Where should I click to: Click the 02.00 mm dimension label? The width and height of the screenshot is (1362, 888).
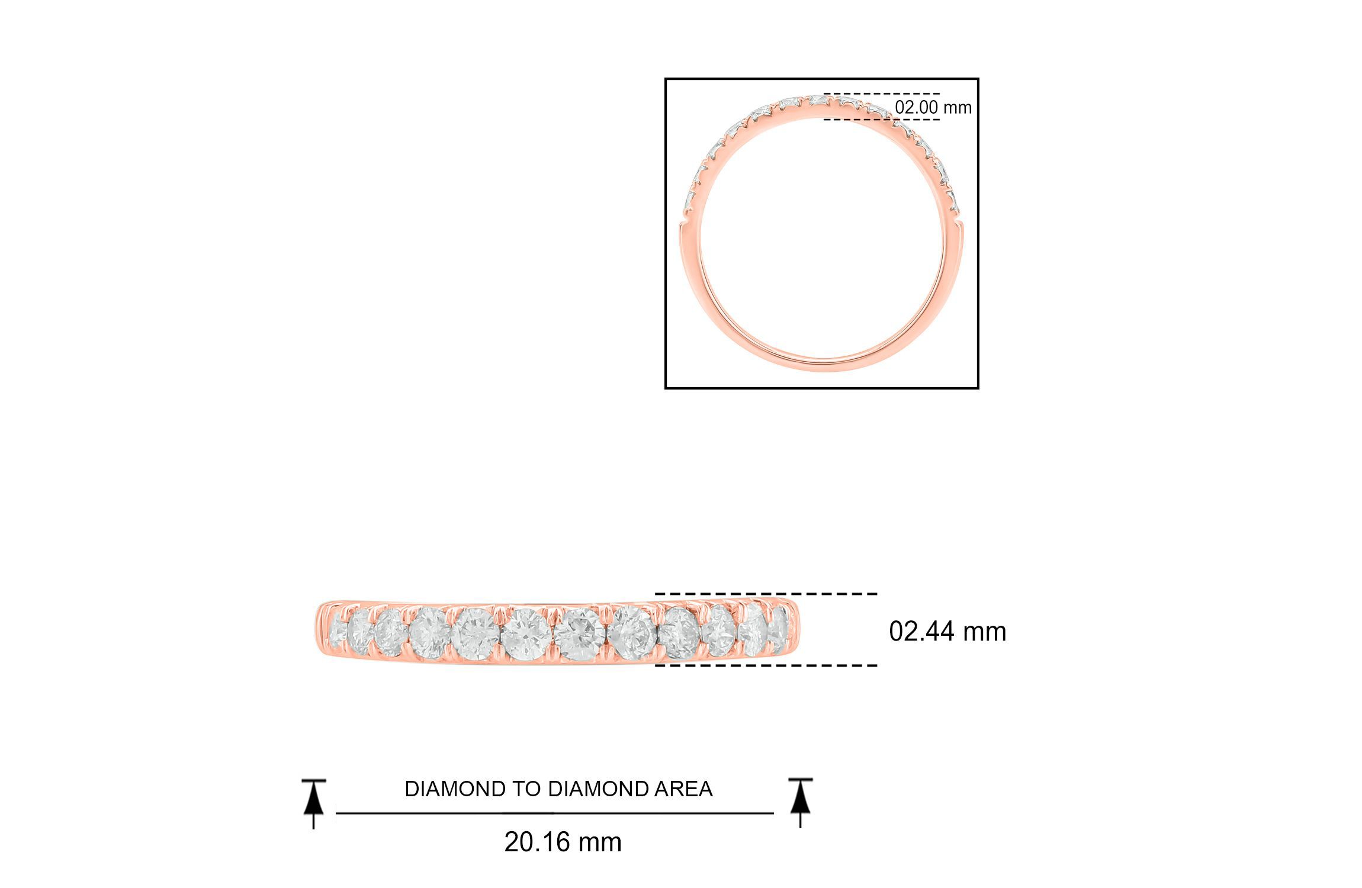pyautogui.click(x=933, y=107)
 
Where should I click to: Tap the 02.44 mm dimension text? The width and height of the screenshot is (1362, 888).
pyautogui.click(x=947, y=632)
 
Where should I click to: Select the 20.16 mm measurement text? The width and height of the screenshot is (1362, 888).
pyautogui.click(x=563, y=842)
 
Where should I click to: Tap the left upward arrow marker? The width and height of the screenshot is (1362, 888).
pyautogui.click(x=314, y=803)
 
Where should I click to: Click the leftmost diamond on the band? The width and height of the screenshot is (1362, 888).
pyautogui.click(x=335, y=630)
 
